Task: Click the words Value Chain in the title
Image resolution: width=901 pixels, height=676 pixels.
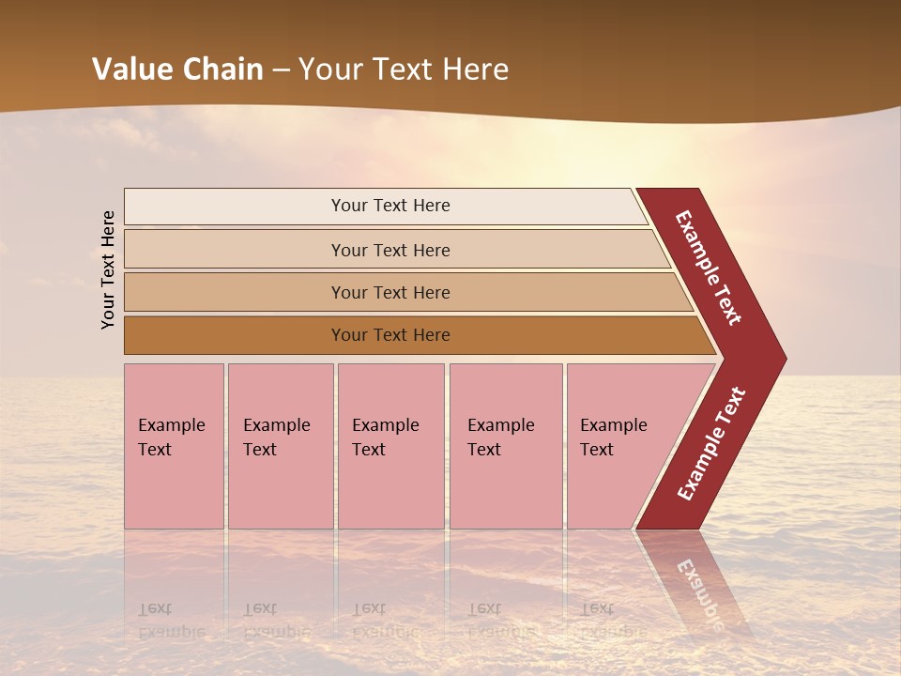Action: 177,69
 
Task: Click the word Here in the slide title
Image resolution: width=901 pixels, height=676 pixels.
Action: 475,69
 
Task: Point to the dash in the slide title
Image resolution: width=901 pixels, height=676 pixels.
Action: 281,70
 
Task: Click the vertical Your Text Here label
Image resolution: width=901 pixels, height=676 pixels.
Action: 108,269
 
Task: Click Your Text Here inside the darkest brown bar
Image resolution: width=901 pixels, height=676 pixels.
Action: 390,335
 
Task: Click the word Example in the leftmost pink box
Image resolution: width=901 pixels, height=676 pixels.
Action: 171,425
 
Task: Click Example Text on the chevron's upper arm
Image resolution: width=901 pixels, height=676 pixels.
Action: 709,268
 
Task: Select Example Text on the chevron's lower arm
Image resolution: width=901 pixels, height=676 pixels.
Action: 711,443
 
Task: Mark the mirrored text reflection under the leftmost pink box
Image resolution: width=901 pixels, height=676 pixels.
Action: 172,621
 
